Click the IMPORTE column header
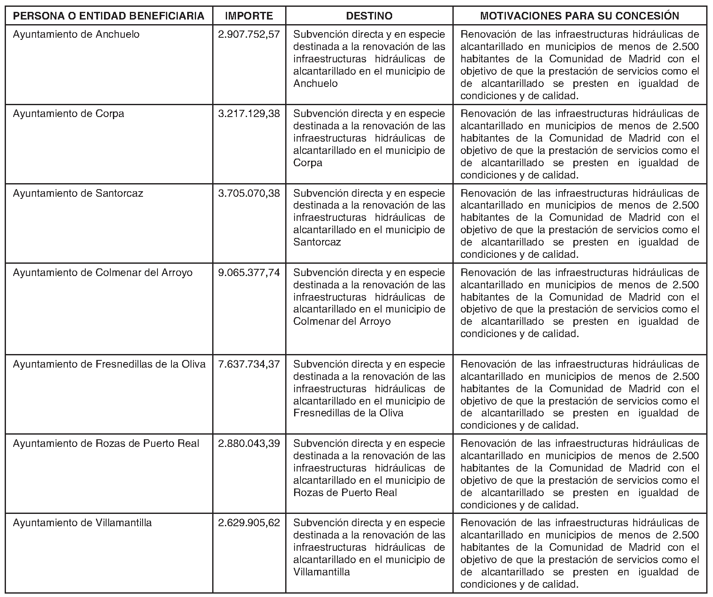coord(249,16)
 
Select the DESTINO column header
coord(369,16)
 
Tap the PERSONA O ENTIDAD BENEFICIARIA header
coord(109,16)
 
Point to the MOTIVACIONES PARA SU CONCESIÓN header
coord(580,16)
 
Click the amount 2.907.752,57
coord(249,34)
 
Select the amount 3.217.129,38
coord(249,114)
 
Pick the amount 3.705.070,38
coord(249,193)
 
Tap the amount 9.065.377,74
coord(249,273)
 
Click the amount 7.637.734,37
coord(249,364)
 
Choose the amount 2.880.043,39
coord(249,444)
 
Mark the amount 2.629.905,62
coord(249,523)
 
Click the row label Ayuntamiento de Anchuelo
coord(76,34)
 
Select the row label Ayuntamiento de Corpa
coord(69,114)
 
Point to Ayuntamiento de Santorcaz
coord(78,193)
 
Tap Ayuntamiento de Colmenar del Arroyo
coord(103,273)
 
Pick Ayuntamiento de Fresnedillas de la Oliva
coord(109,364)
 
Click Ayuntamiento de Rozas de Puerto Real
coord(106,444)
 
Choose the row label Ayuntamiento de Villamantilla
coord(82,523)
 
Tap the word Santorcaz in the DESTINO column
coord(317,242)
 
